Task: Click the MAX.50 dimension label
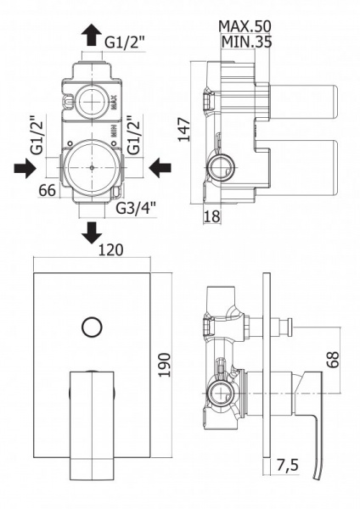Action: tap(245, 26)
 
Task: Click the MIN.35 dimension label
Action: tap(246, 42)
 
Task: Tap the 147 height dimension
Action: tap(184, 130)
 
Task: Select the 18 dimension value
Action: tap(212, 216)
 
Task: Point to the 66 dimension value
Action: tap(47, 191)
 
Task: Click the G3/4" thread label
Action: tap(136, 209)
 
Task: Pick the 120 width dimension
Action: tap(110, 250)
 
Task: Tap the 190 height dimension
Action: tap(165, 365)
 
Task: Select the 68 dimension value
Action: tap(332, 359)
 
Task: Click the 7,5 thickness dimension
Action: tap(287, 465)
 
